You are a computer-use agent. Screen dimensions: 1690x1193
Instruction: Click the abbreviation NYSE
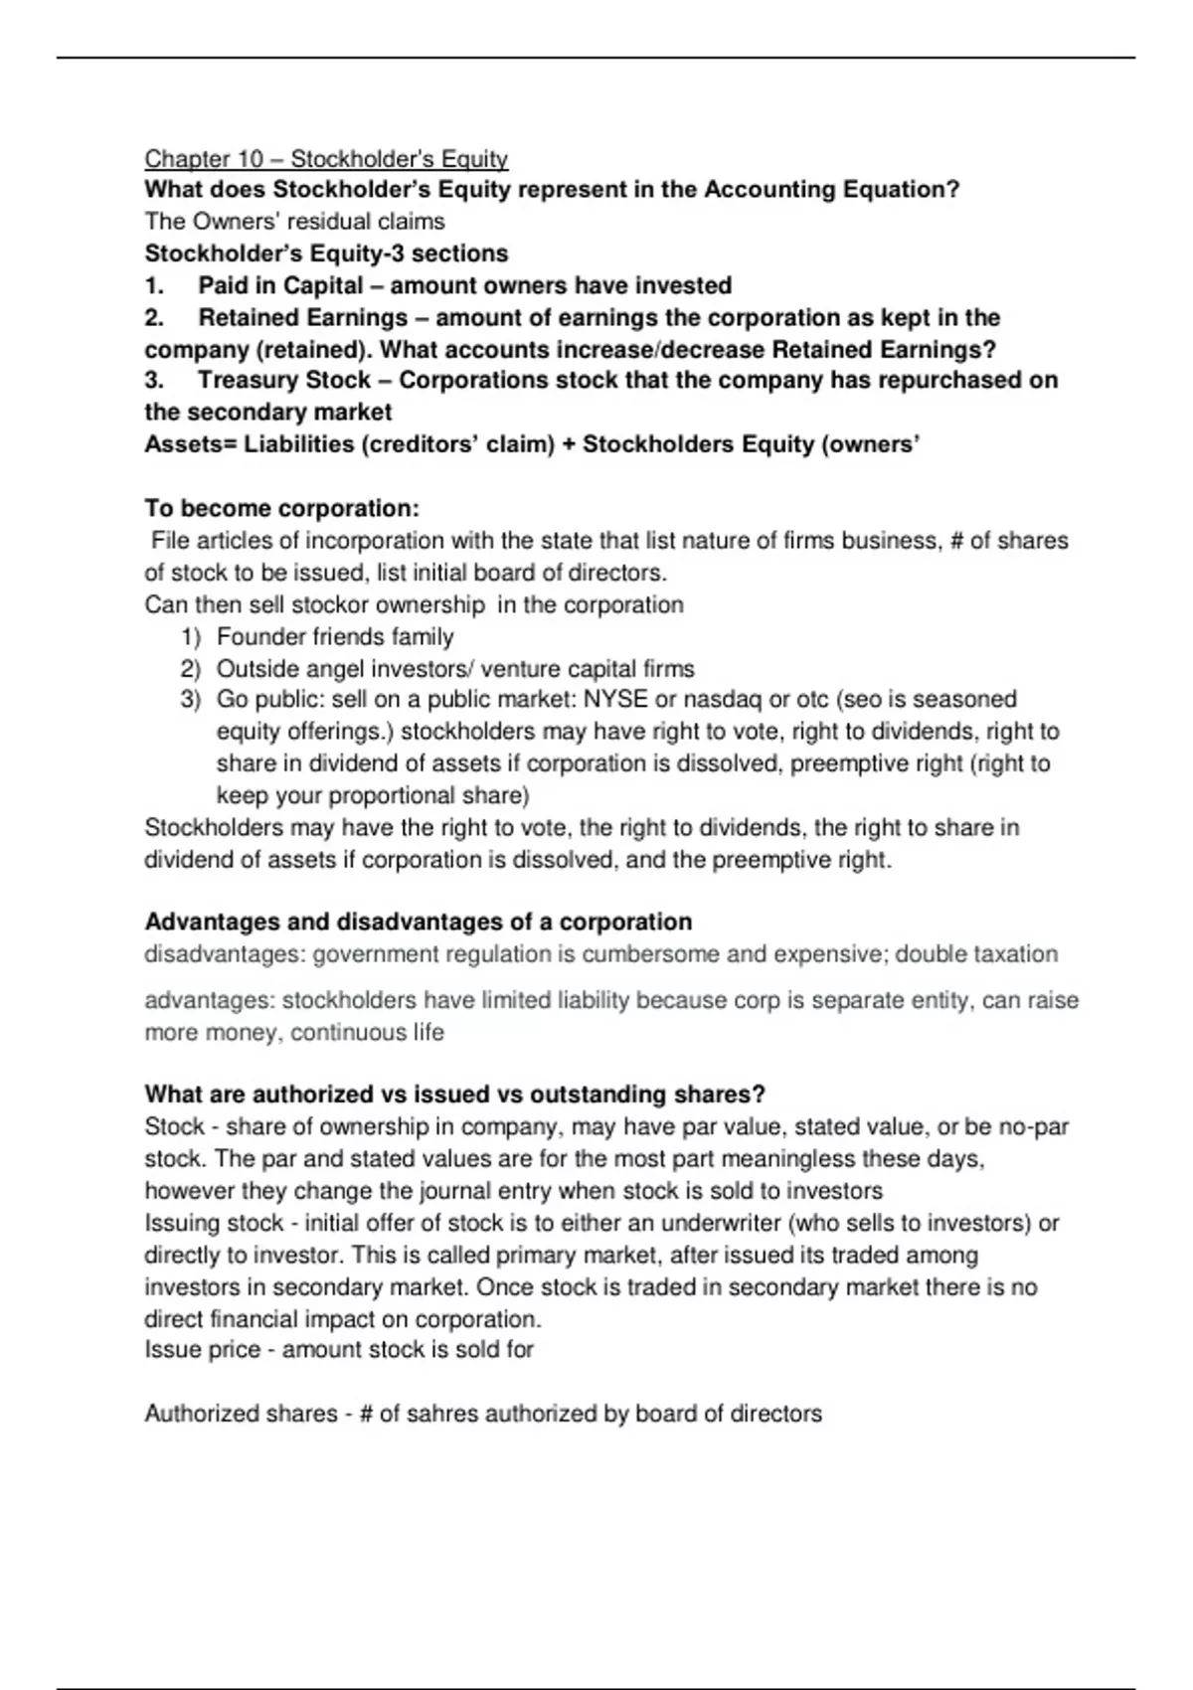(615, 700)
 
